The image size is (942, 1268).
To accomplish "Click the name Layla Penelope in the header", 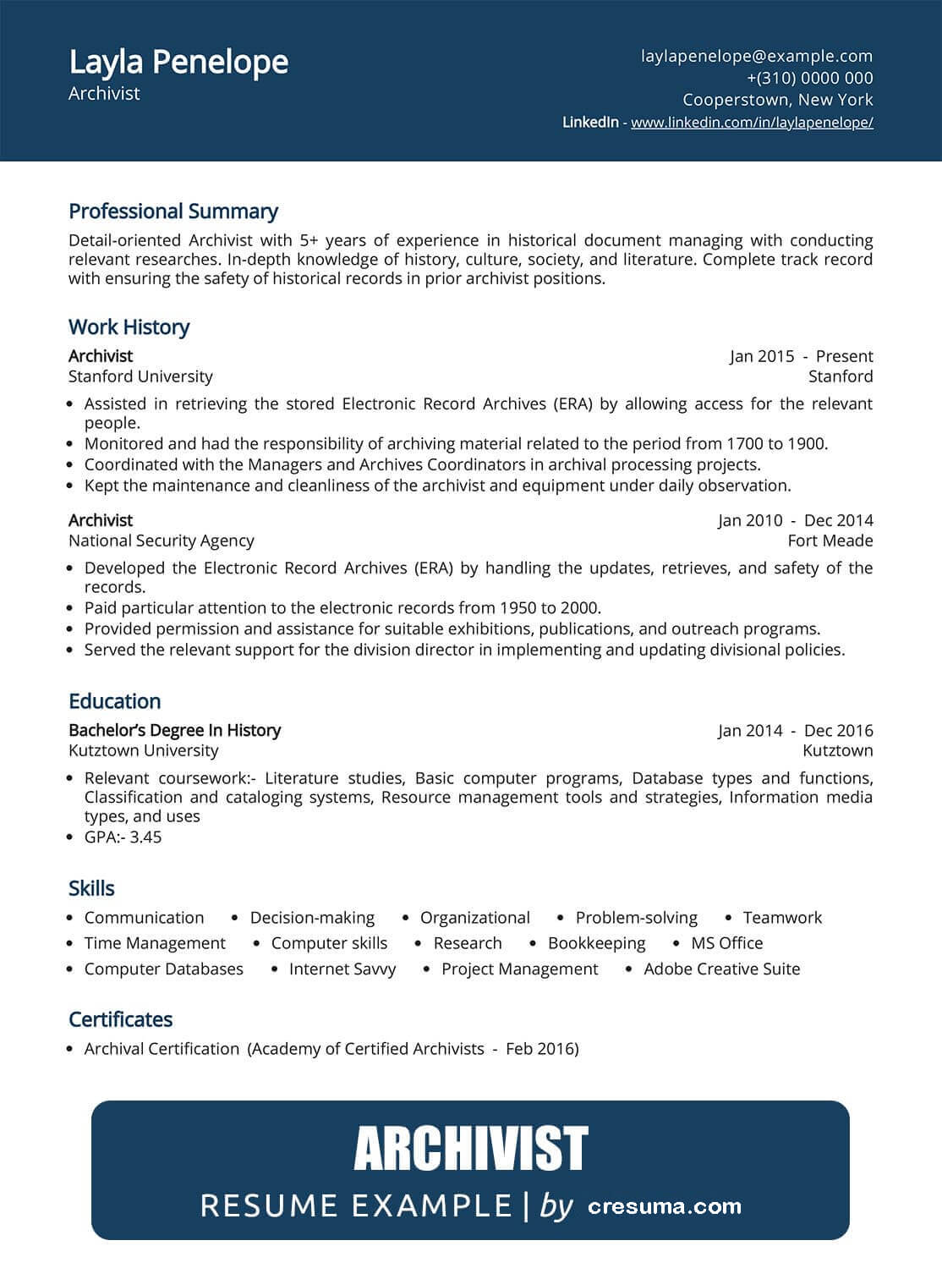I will (178, 63).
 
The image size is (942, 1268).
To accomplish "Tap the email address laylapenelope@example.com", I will (757, 56).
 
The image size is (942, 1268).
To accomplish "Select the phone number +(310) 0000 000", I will (809, 78).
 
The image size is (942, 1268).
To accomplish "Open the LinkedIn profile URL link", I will (752, 123).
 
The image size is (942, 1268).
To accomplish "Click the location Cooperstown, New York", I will (777, 100).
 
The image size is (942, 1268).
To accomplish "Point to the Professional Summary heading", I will (173, 211).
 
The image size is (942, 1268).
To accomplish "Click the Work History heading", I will (129, 327).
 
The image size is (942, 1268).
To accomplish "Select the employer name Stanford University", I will (140, 376).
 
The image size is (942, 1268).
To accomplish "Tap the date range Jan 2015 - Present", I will (801, 356).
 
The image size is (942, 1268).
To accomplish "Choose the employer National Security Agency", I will (161, 541).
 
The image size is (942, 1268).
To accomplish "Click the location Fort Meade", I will (830, 541).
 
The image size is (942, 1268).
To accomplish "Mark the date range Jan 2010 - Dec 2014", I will (795, 520).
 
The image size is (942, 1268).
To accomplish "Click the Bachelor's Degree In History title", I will (174, 730).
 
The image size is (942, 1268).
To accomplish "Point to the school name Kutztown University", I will (143, 750).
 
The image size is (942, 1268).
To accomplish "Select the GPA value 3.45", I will (145, 837).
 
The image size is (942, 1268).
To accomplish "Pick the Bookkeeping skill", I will (596, 943).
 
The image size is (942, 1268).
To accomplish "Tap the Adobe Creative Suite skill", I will (721, 969).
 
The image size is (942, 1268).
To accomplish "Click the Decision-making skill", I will (312, 918).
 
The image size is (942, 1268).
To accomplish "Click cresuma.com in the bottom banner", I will (664, 1206).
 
